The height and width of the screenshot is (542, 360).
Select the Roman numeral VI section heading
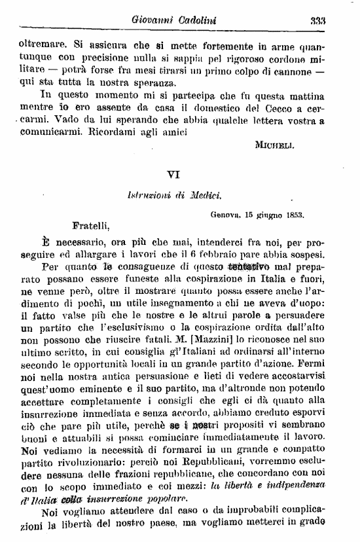(173, 175)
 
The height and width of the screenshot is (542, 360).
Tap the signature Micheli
(276, 146)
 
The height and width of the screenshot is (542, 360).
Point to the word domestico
(206, 107)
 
